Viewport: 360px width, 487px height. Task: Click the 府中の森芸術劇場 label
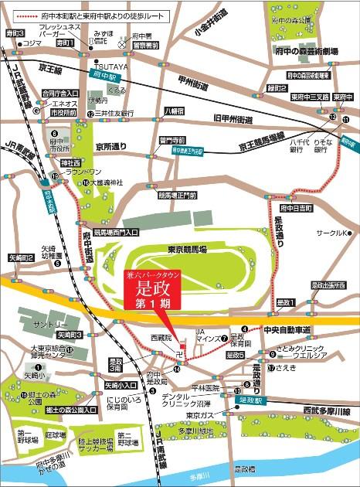(311, 51)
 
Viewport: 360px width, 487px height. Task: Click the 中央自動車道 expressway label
(286, 330)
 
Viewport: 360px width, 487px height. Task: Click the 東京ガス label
(199, 414)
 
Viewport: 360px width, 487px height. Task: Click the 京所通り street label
(110, 146)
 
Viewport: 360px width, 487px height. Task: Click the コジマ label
(32, 43)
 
